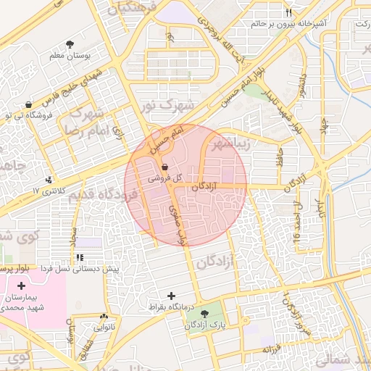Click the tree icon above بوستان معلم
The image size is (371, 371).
coord(70,45)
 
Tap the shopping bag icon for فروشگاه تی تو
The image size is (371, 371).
coord(28,104)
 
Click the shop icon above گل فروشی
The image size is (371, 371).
coord(164,166)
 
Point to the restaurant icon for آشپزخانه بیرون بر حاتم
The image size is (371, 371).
coord(288,12)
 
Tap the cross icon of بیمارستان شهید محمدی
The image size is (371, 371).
coord(21,286)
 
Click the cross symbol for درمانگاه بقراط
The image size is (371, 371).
coord(172,296)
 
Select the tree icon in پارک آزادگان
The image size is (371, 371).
coord(204,314)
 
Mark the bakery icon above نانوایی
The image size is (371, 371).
coord(104,316)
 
